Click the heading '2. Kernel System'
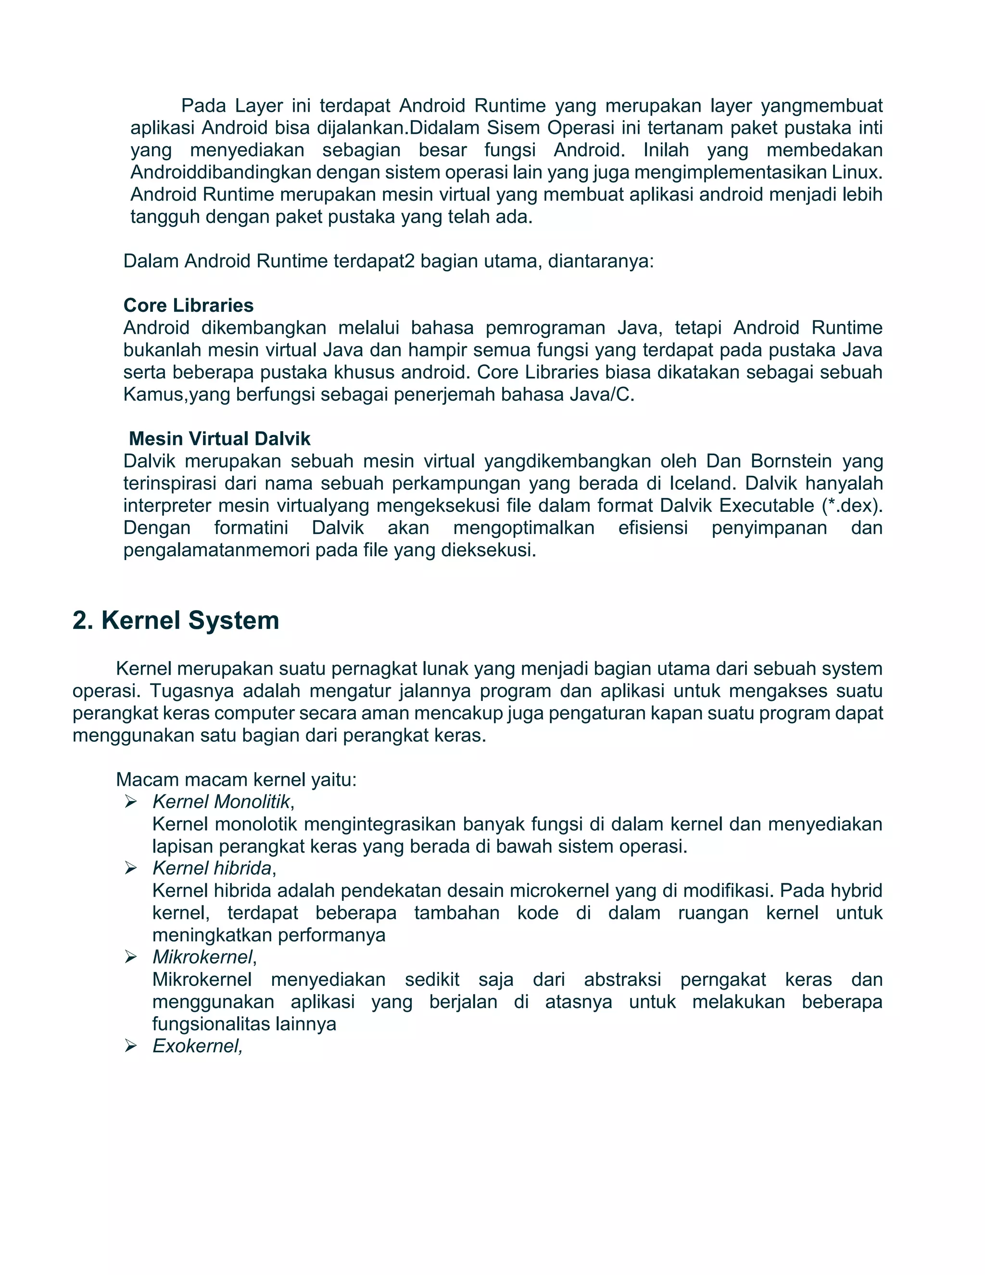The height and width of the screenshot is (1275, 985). point(176,620)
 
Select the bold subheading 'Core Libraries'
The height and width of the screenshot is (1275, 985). point(189,306)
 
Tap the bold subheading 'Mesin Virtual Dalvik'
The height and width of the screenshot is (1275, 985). point(219,438)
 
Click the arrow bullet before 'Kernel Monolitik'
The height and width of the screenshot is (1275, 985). point(131,802)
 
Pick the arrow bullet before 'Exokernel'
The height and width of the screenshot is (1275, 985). point(131,1046)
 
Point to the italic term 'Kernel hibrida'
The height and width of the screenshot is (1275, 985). point(212,868)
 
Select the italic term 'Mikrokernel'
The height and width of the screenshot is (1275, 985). point(202,957)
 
